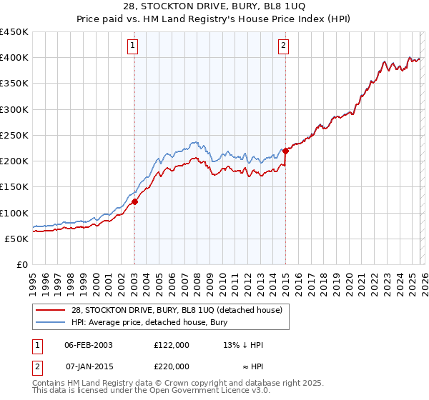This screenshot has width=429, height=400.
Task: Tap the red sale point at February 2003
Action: (x=134, y=202)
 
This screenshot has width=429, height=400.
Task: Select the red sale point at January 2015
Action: (x=285, y=151)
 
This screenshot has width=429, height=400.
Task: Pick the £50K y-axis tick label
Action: (x=17, y=239)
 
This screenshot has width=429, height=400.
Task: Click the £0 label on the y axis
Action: (x=21, y=264)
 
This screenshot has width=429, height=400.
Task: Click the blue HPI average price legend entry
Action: (x=149, y=322)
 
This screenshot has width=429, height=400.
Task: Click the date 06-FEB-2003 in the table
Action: (x=89, y=345)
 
